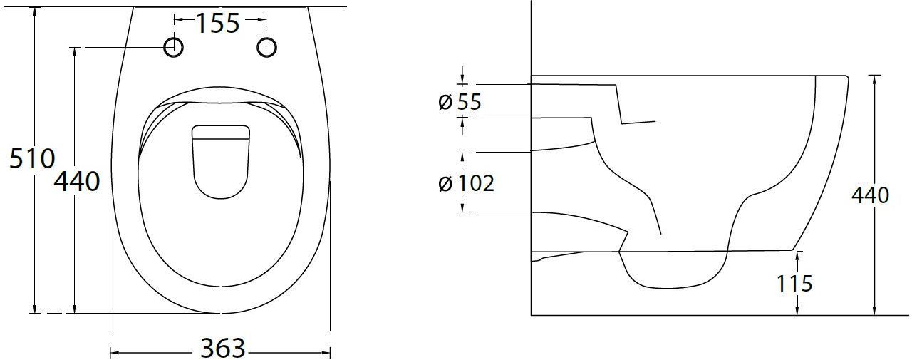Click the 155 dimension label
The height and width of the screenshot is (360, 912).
point(218,24)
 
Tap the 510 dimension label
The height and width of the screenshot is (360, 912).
point(32,158)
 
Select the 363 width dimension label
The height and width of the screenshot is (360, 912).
point(223,349)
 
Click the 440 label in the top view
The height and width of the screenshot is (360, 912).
point(77,182)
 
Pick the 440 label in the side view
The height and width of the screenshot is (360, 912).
point(871,195)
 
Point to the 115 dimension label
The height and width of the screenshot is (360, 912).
point(794,284)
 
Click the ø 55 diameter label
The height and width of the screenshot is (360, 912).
point(460,102)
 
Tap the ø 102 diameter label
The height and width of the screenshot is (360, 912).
point(467,183)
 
